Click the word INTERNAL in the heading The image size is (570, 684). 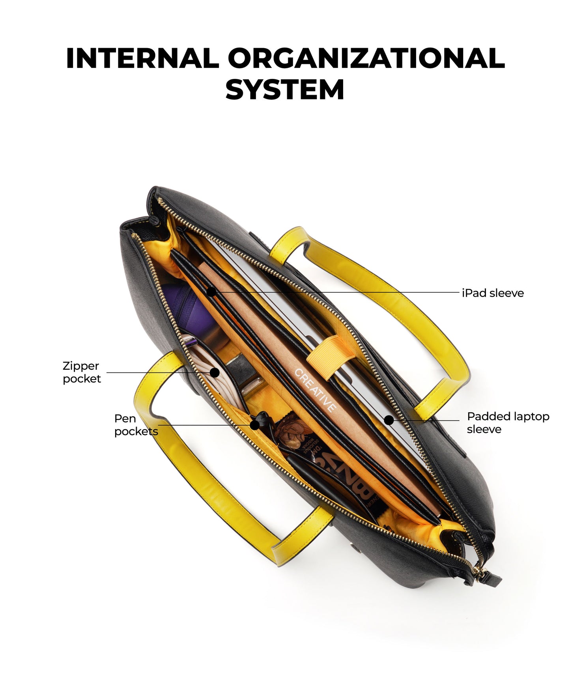[142, 58]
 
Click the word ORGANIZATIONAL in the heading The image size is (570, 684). [366, 58]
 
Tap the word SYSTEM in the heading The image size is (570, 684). [285, 89]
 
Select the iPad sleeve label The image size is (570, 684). [493, 293]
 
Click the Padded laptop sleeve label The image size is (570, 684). [508, 422]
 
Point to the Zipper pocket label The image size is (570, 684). [82, 372]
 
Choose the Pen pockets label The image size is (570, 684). [136, 425]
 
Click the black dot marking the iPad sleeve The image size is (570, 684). [211, 292]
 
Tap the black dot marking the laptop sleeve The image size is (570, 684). [389, 420]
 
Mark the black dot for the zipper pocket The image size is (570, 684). [215, 372]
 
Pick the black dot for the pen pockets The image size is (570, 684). [255, 425]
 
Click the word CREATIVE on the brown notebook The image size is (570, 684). [316, 390]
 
